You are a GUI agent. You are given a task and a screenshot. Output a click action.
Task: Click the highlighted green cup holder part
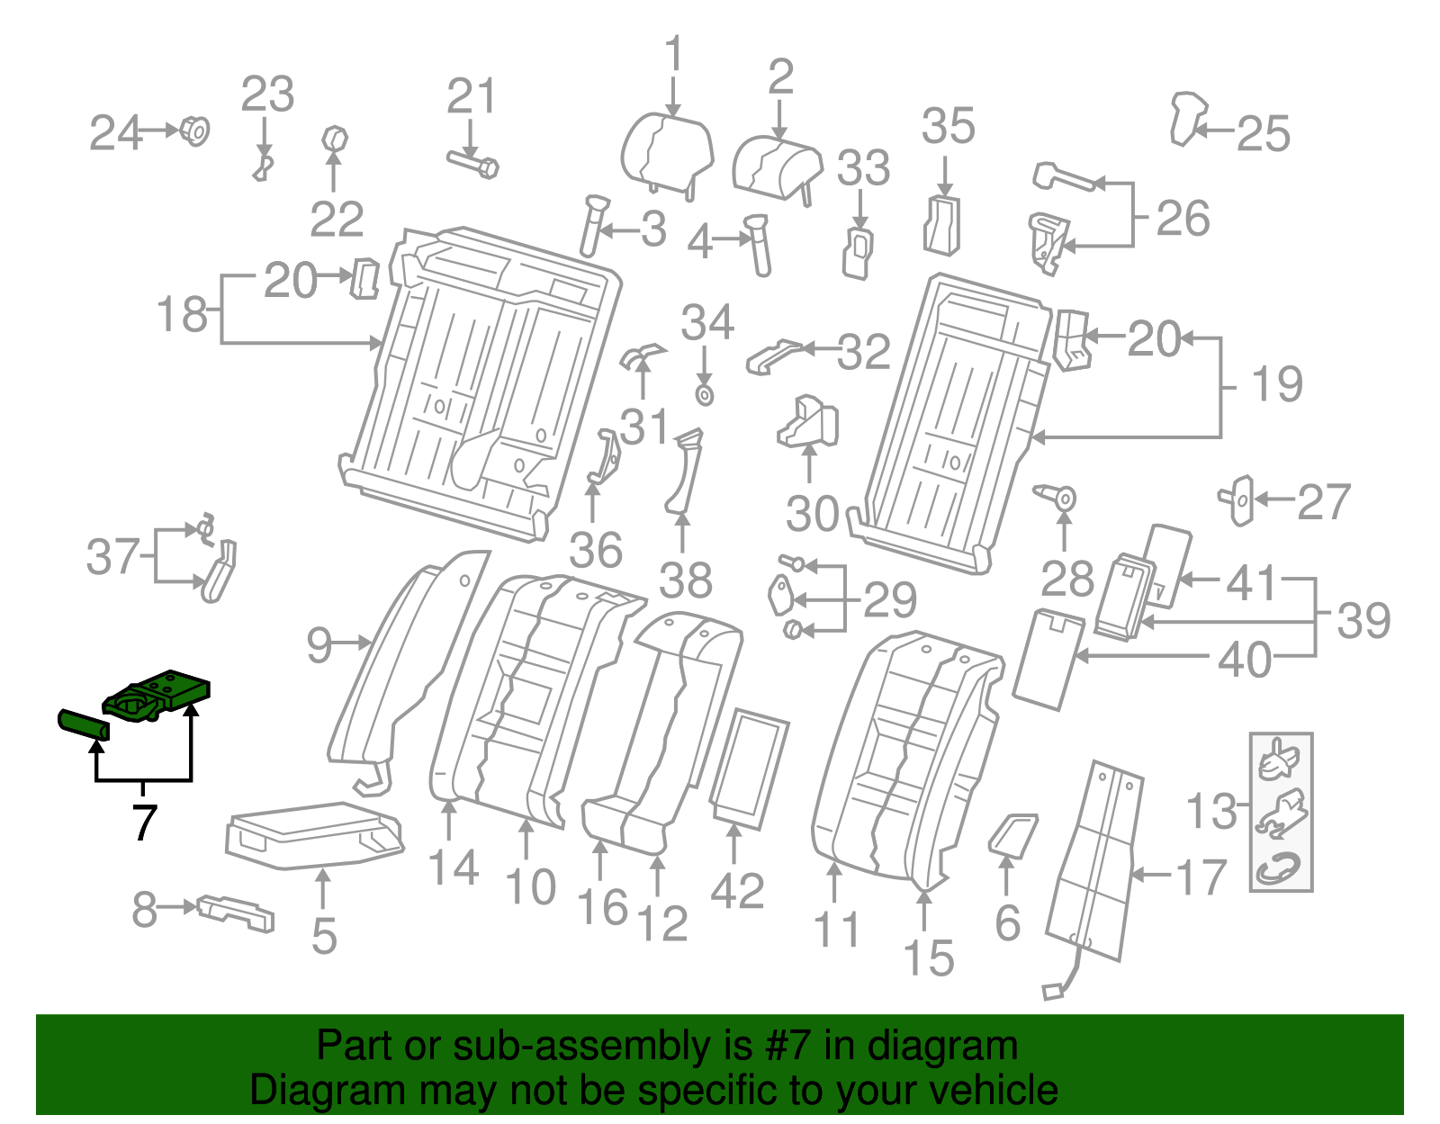(x=158, y=696)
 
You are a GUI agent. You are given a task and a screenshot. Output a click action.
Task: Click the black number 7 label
(x=144, y=822)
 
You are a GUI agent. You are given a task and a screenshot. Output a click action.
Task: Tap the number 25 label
(x=1264, y=135)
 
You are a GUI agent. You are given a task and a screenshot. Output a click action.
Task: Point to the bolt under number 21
(x=473, y=165)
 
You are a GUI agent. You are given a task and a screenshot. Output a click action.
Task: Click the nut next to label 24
(x=195, y=131)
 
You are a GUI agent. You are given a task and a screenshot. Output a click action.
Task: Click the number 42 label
(x=737, y=891)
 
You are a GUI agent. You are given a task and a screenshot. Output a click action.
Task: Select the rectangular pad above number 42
(x=750, y=768)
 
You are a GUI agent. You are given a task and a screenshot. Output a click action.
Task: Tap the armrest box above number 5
(x=313, y=834)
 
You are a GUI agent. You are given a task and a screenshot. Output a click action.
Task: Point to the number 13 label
(x=1212, y=811)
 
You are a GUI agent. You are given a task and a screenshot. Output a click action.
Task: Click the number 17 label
(x=1201, y=877)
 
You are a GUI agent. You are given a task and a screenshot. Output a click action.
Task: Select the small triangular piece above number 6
(x=1013, y=832)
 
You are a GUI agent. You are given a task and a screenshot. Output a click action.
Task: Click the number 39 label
(x=1363, y=620)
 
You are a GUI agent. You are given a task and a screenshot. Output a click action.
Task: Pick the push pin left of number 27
(x=1239, y=499)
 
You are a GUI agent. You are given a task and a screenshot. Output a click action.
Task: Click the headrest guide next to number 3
(x=593, y=225)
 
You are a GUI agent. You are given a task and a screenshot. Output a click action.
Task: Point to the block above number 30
(x=808, y=421)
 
